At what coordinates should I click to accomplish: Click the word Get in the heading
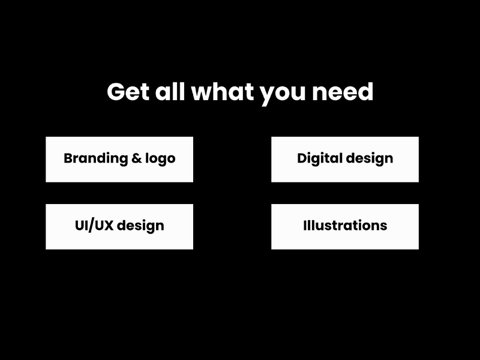pos(128,92)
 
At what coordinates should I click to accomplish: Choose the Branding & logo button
pos(119,159)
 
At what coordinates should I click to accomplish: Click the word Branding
pos(94,159)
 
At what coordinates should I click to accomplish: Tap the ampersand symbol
pos(137,159)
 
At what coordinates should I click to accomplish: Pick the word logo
pos(160,160)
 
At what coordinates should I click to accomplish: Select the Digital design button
pos(345,159)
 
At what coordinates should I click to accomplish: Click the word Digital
pos(320,159)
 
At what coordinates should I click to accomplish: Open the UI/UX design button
pos(119,226)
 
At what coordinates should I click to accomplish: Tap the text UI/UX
pos(94,226)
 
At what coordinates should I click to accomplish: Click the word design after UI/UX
pos(140,226)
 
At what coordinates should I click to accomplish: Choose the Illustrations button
pos(345,226)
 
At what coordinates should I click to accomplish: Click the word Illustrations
pos(345,226)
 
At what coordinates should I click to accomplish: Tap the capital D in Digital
pos(302,158)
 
